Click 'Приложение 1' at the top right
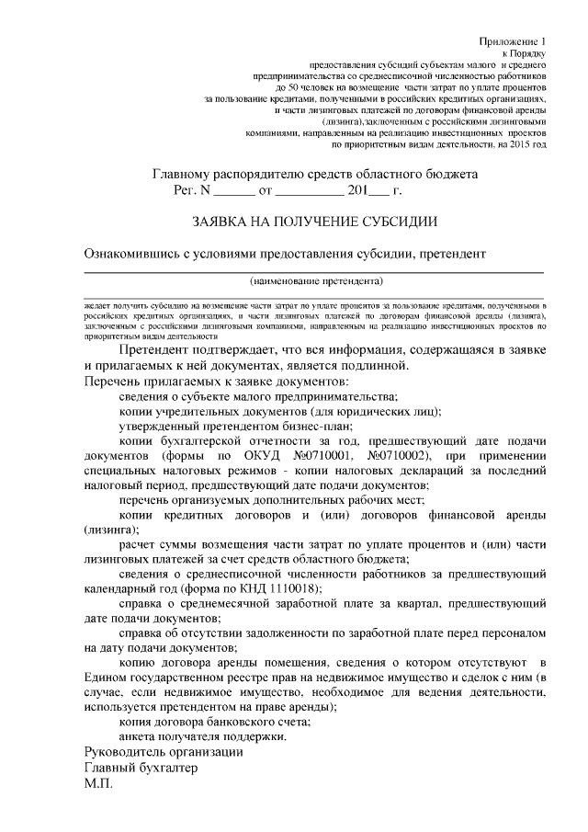[513, 43]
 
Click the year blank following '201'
[378, 192]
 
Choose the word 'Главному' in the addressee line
[183, 175]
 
